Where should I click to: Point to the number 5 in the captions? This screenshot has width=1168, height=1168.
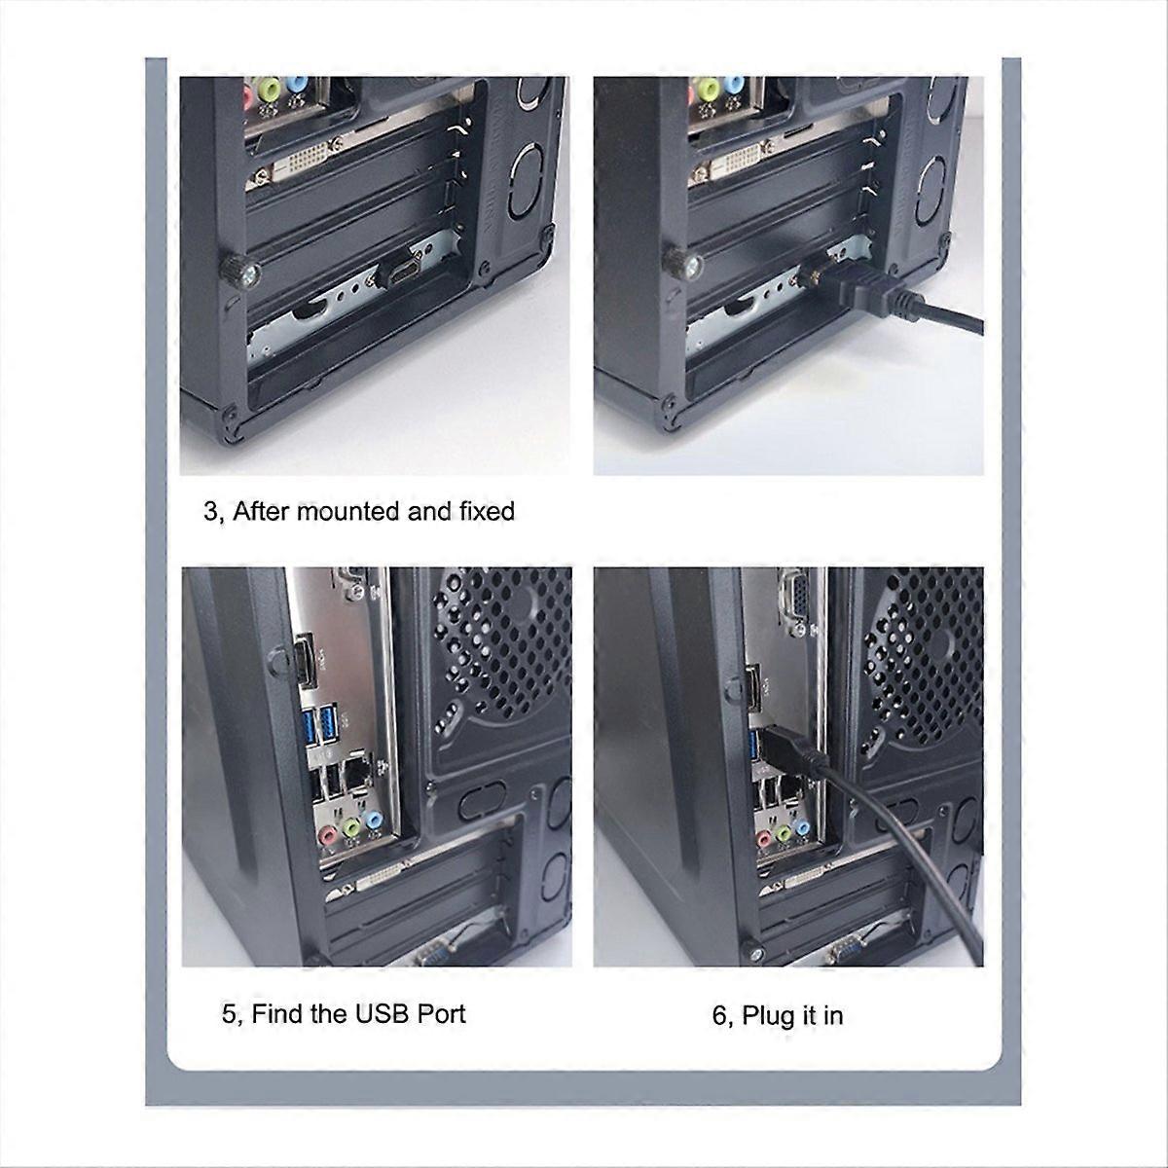pyautogui.click(x=229, y=1014)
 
